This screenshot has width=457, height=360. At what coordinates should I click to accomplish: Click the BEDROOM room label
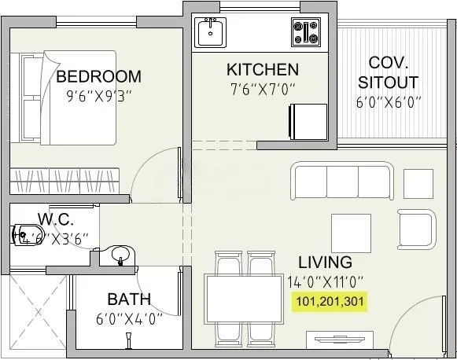(99, 76)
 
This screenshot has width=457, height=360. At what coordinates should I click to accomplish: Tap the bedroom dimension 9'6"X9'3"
(99, 98)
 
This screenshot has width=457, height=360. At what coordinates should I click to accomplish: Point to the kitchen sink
(211, 34)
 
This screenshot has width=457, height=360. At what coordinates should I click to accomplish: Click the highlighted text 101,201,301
(330, 300)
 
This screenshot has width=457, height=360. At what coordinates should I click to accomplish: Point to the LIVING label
(325, 263)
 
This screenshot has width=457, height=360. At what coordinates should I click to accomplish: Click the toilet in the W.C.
(26, 233)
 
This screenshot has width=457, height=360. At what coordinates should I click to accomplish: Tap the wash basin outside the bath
(120, 254)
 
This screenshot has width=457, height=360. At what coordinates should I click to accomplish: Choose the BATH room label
(130, 299)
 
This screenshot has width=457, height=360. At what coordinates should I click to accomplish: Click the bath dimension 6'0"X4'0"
(130, 319)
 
